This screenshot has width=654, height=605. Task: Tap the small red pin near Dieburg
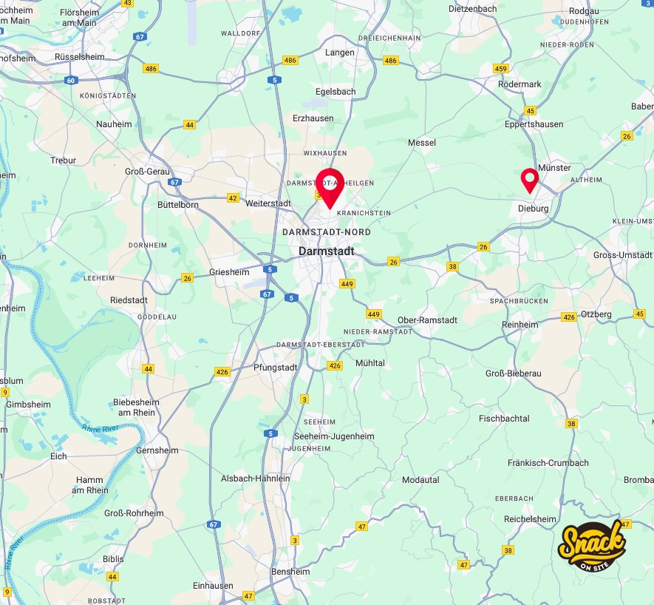[529, 179]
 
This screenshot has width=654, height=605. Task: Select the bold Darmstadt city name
[326, 251]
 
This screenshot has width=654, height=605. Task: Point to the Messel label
[422, 142]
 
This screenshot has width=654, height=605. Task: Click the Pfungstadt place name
[275, 367]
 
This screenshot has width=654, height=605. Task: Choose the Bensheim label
[291, 572]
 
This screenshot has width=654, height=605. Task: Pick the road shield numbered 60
[71, 80]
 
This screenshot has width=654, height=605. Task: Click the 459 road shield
[501, 69]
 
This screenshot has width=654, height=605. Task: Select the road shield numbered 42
[233, 198]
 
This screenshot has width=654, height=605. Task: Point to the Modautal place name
[420, 480]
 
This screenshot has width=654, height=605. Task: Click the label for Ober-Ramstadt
[427, 320]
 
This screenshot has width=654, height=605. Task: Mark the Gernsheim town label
[157, 450]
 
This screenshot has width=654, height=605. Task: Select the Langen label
[340, 53]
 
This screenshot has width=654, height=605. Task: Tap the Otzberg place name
[597, 314]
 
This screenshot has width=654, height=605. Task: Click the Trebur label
[63, 160]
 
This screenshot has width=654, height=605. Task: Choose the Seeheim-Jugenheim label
[334, 436]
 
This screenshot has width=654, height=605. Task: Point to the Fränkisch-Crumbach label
[548, 463]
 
